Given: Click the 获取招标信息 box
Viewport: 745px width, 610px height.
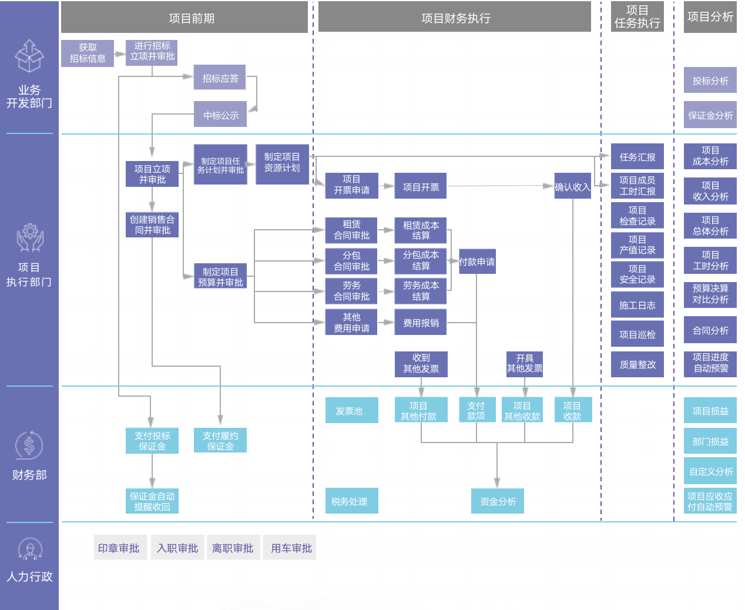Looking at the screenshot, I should (x=88, y=53).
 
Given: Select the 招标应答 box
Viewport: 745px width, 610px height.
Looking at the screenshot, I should (x=220, y=78).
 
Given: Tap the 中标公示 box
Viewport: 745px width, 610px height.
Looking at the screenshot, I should (x=220, y=115).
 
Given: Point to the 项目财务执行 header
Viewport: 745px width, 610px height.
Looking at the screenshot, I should (x=454, y=18).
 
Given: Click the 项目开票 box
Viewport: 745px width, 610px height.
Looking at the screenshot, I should (x=421, y=186).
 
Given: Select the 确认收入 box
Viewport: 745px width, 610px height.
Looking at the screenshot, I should (x=572, y=186).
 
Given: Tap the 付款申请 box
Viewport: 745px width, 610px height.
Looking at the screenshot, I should (x=477, y=262).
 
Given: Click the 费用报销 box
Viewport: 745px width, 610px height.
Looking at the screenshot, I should (x=421, y=323).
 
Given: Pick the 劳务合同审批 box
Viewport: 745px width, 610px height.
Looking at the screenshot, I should (x=351, y=291).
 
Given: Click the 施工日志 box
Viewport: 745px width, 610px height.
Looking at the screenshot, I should (x=637, y=305).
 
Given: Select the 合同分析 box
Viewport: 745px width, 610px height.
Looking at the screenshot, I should (x=710, y=330).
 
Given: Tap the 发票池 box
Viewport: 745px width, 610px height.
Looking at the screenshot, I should (x=351, y=410).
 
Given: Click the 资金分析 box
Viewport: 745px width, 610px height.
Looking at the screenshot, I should (x=497, y=501).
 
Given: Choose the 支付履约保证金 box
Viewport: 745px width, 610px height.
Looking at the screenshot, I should (x=220, y=440).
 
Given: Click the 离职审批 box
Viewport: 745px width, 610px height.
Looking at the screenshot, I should (x=233, y=548).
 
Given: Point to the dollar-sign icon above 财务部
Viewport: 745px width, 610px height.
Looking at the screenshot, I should (x=29, y=445).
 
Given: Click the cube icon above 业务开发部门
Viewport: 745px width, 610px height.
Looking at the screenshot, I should (x=29, y=56).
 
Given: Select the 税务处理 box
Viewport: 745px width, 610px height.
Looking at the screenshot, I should (x=351, y=501).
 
